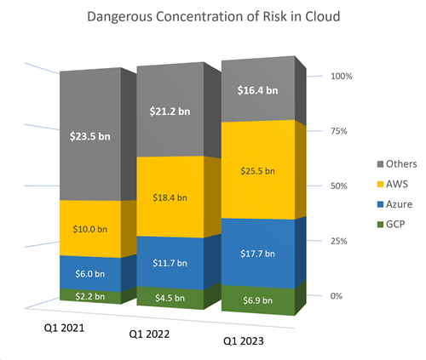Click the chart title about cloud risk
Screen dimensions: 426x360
(x=214, y=16)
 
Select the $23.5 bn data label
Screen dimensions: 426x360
(x=90, y=136)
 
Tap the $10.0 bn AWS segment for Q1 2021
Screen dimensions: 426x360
(x=90, y=229)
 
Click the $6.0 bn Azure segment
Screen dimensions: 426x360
(x=90, y=273)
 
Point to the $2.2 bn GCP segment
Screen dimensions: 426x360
(x=90, y=296)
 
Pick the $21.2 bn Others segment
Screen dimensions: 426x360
(x=170, y=111)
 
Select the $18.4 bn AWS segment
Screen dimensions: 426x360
(x=170, y=197)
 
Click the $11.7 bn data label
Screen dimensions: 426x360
(x=170, y=263)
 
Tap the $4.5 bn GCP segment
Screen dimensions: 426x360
(x=170, y=298)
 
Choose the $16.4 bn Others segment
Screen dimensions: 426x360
(x=258, y=90)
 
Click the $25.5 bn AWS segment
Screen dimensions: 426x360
(x=258, y=171)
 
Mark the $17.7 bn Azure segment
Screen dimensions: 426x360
(x=258, y=254)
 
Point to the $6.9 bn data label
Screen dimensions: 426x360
(x=257, y=300)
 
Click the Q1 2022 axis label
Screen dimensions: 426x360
(x=149, y=334)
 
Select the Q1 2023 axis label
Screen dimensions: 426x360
(x=244, y=340)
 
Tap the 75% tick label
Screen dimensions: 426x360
(x=339, y=131)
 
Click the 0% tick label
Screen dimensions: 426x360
(x=337, y=296)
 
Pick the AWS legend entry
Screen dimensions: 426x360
(x=393, y=184)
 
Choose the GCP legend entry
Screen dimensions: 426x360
(x=391, y=224)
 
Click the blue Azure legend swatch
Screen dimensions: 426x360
(x=380, y=204)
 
